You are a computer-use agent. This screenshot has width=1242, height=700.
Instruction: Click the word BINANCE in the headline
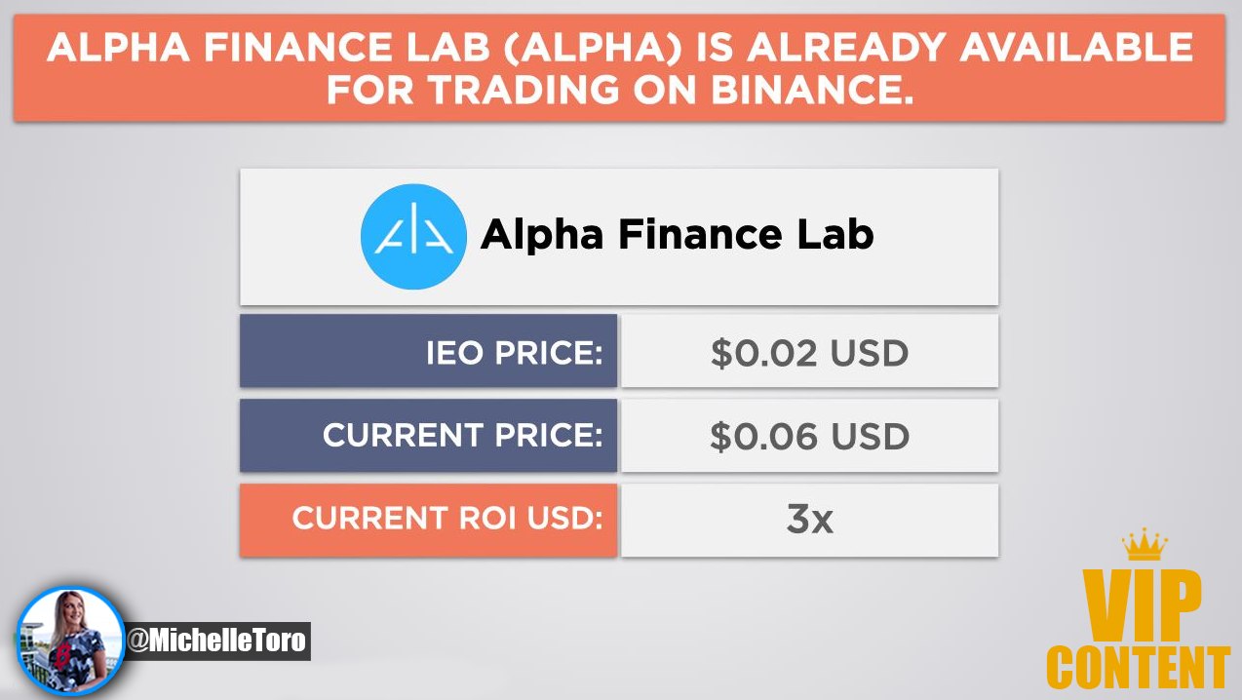coord(812,90)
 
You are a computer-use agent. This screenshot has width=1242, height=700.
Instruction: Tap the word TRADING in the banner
coord(524,90)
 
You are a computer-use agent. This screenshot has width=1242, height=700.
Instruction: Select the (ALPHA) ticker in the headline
coord(593,47)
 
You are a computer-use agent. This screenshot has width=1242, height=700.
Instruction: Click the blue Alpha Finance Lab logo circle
coord(413,237)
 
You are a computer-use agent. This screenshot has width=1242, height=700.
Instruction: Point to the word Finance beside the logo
coord(700,234)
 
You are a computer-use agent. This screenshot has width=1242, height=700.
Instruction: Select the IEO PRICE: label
coord(514,352)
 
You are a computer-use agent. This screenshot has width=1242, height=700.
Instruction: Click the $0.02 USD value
coord(809,353)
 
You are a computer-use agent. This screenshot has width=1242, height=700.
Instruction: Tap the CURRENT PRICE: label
coord(462,435)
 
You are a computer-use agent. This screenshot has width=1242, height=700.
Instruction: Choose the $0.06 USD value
coord(809,436)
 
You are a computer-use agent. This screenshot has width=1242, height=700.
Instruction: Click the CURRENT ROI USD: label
coord(447,518)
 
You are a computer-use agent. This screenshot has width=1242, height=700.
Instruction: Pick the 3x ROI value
coord(809,520)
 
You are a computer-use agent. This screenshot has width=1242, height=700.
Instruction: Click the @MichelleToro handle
coord(216,642)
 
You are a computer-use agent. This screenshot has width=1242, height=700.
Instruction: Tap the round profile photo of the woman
coord(70,641)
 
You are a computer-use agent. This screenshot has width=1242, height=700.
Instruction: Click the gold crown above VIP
coord(1145,544)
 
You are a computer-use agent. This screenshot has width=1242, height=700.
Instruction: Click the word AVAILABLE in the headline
coord(1076,47)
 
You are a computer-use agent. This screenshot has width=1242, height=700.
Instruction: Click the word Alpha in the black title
coord(542,235)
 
